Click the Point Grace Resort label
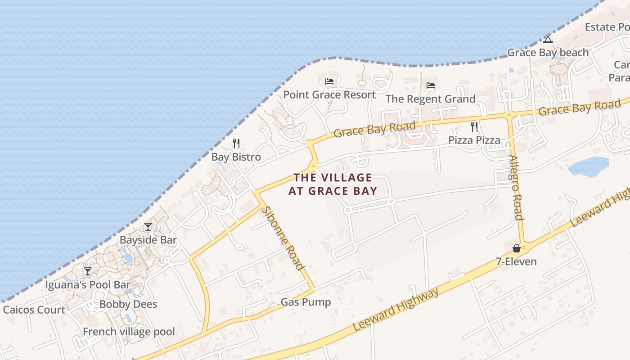point(329,95)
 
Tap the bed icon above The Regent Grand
point(431,85)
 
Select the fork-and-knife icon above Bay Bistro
point(236,143)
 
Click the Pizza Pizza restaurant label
point(474,140)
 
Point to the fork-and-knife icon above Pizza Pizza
point(474,126)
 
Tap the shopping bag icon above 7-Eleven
point(517,248)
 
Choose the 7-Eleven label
point(517,261)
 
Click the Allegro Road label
point(516,187)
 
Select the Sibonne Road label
point(283,238)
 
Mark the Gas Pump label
point(306,302)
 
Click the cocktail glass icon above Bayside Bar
point(148,226)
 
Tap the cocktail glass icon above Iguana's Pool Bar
point(88,271)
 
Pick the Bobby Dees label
point(128,304)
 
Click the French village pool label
point(129,332)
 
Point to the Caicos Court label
point(34,310)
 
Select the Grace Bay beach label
point(548,53)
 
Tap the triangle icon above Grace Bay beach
point(548,40)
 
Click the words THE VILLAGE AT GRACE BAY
point(333,184)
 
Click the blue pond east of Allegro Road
point(588,166)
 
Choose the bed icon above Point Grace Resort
point(329,81)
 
